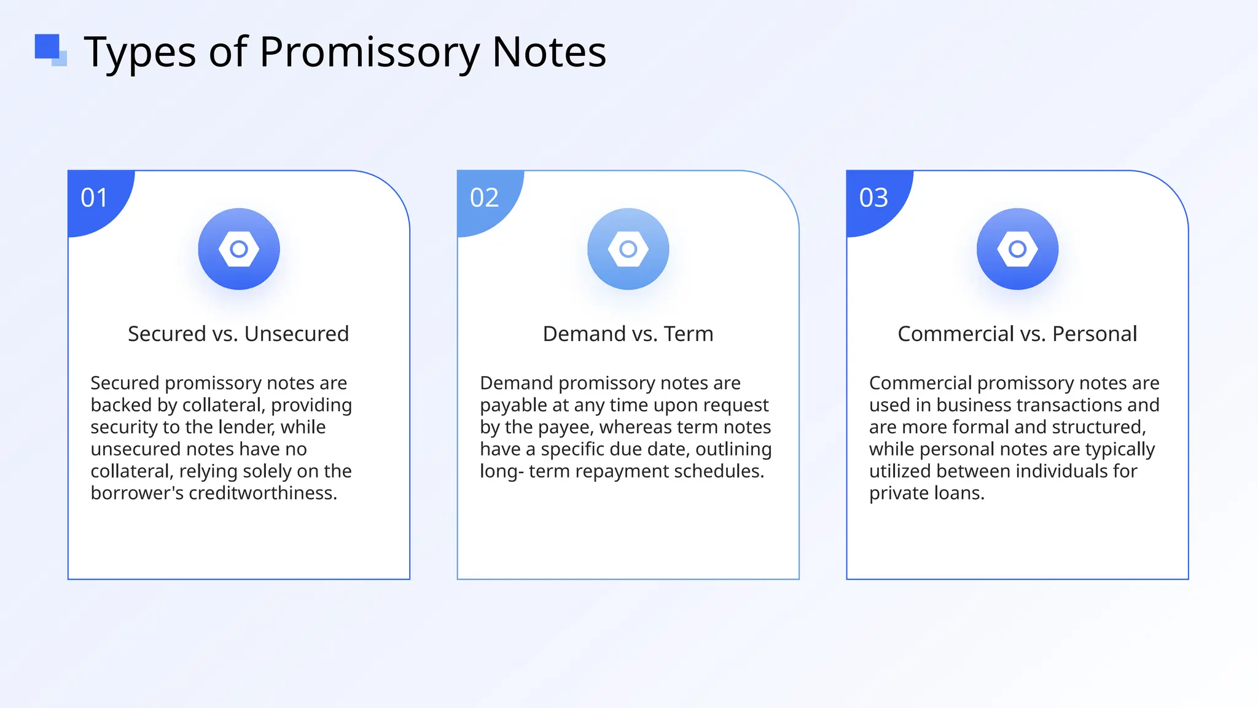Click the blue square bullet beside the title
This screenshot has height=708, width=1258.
point(49,49)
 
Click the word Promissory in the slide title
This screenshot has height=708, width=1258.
point(369,52)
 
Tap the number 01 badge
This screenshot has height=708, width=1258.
point(94,198)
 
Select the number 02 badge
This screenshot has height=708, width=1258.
point(484,198)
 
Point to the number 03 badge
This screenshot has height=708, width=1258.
point(873,198)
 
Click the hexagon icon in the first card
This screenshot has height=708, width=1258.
point(239,249)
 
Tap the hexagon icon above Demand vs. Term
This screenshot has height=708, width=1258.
point(628,249)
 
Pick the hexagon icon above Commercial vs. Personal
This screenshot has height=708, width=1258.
point(1017,249)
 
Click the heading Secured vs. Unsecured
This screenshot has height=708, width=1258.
point(238,334)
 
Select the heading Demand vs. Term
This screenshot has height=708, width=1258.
point(628,334)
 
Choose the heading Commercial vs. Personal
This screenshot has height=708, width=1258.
point(1017,334)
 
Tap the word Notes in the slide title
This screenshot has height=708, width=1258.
point(549,52)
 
